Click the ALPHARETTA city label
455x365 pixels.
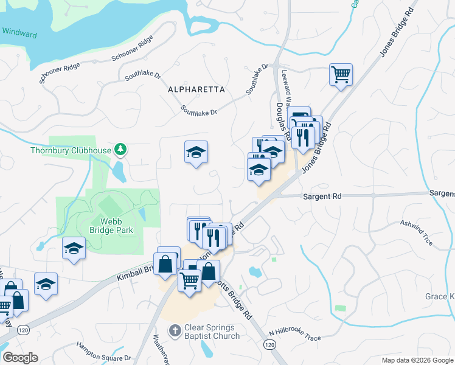pyautogui.click(x=196, y=89)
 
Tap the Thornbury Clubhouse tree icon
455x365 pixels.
pyautogui.click(x=121, y=149)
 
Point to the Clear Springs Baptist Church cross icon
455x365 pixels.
pyautogui.click(x=175, y=330)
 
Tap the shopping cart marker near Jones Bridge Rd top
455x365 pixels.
pyautogui.click(x=341, y=75)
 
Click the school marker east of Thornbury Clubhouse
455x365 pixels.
pyautogui.click(x=196, y=152)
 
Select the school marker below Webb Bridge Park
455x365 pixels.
pyautogui.click(x=74, y=248)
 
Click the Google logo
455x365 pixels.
pyautogui.click(x=20, y=358)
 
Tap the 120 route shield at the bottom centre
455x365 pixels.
pyautogui.click(x=269, y=344)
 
